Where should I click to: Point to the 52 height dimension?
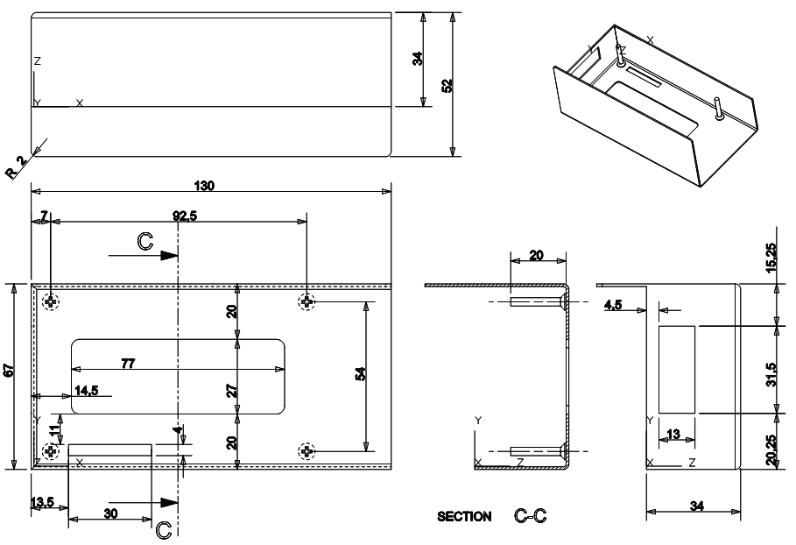[x=447, y=85]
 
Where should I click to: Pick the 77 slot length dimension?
[x=129, y=363]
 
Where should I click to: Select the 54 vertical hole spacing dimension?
[x=359, y=374]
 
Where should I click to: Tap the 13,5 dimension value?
[x=41, y=503]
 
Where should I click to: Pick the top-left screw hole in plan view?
[x=52, y=301]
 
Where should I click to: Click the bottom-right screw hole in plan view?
[x=306, y=451]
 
